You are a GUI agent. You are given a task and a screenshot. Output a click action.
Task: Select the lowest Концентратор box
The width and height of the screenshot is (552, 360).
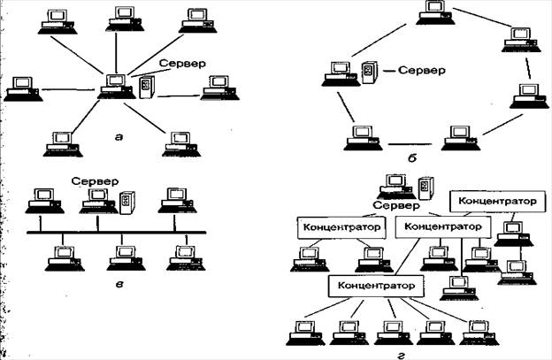tap(374, 287)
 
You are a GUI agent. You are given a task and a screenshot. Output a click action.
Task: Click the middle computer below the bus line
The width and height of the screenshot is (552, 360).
tap(119, 257)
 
